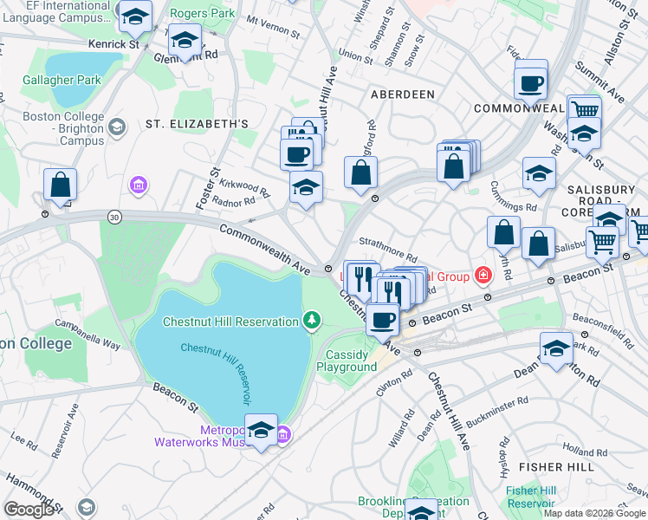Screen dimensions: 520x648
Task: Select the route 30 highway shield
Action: (x=113, y=215)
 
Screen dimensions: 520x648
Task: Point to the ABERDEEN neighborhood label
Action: (x=402, y=94)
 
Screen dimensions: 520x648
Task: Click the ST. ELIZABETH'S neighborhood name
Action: (x=197, y=124)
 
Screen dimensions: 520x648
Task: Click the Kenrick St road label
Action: (x=113, y=43)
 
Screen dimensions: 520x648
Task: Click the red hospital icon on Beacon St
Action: (x=483, y=276)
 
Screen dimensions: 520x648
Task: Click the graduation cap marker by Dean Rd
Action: (x=556, y=348)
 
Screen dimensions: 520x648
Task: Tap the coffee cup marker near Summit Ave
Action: (x=530, y=85)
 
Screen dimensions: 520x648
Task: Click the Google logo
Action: (x=29, y=509)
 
